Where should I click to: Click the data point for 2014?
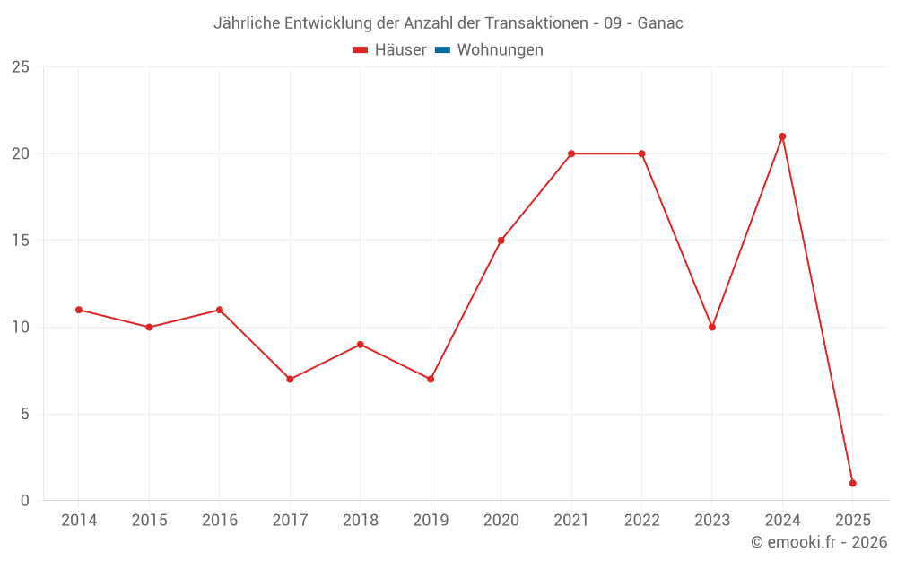(79, 310)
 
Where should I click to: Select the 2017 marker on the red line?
(290, 379)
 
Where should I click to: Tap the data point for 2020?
(501, 241)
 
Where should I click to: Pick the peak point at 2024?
(782, 136)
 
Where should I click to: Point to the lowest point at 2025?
(852, 483)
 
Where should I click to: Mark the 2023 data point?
(712, 327)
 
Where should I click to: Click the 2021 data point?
(571, 153)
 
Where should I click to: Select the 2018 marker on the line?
(360, 345)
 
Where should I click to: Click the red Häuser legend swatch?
(361, 50)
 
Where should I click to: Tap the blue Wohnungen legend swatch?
(442, 50)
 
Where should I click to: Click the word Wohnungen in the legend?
(500, 50)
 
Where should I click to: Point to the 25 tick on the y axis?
(21, 67)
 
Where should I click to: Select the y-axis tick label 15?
(21, 241)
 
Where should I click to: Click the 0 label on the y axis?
(25, 501)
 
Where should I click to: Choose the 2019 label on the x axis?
(431, 521)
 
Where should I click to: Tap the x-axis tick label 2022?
(641, 521)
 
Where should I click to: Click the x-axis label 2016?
(220, 521)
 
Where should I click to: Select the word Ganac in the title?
(660, 23)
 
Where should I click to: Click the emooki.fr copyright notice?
(819, 542)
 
